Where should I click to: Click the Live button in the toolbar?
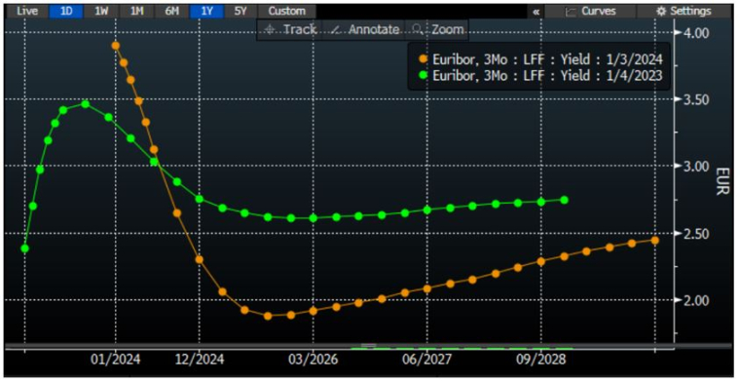[27, 11]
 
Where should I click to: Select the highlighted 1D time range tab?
[66, 11]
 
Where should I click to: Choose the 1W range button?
[101, 11]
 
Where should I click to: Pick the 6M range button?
[171, 11]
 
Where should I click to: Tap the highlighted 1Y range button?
[206, 11]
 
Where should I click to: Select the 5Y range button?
[240, 11]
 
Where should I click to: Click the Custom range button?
[286, 11]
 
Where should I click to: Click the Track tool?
[291, 29]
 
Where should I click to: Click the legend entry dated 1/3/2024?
[541, 58]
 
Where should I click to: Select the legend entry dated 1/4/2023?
[541, 74]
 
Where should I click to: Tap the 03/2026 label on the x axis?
[313, 358]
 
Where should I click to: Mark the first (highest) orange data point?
[116, 46]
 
